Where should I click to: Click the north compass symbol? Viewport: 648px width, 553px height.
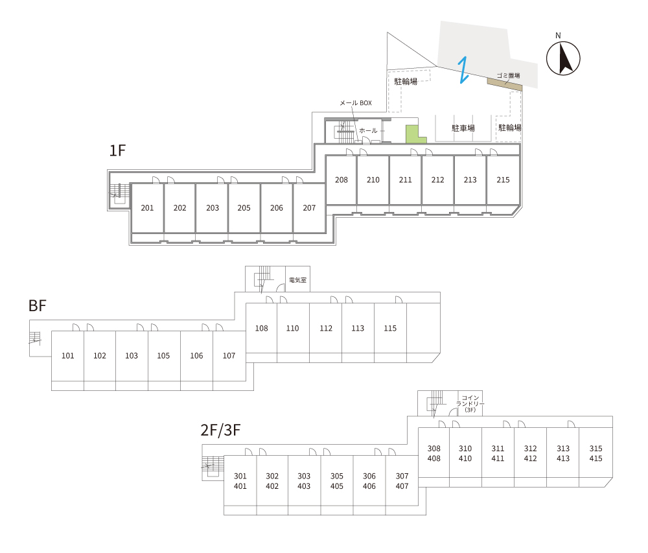pyautogui.click(x=563, y=58)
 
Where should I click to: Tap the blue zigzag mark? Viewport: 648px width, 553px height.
pyautogui.click(x=463, y=70)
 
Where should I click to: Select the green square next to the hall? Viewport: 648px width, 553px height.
pyautogui.click(x=411, y=134)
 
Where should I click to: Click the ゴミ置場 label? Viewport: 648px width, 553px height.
pyautogui.click(x=509, y=75)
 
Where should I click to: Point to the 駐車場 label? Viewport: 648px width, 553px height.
pyautogui.click(x=463, y=128)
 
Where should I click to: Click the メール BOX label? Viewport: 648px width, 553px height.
pyautogui.click(x=356, y=103)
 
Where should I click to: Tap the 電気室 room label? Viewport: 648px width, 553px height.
pyautogui.click(x=297, y=280)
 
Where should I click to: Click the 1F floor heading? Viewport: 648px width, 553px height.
pyautogui.click(x=117, y=151)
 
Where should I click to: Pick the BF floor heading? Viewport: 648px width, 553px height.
pyautogui.click(x=38, y=306)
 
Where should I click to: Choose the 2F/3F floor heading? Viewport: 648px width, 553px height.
pyautogui.click(x=221, y=430)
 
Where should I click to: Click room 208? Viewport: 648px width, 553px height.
pyautogui.click(x=341, y=180)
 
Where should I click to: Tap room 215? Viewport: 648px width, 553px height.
pyautogui.click(x=503, y=180)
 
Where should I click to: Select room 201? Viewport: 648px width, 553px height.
pyautogui.click(x=147, y=208)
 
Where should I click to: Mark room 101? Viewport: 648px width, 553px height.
pyautogui.click(x=67, y=356)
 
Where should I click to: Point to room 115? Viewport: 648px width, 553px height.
pyautogui.click(x=390, y=329)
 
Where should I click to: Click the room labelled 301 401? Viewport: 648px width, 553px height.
pyautogui.click(x=240, y=481)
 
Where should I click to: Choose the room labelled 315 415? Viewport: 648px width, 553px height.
pyautogui.click(x=596, y=453)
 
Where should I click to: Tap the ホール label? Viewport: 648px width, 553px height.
pyautogui.click(x=368, y=131)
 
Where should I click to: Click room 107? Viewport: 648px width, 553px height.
pyautogui.click(x=229, y=356)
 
